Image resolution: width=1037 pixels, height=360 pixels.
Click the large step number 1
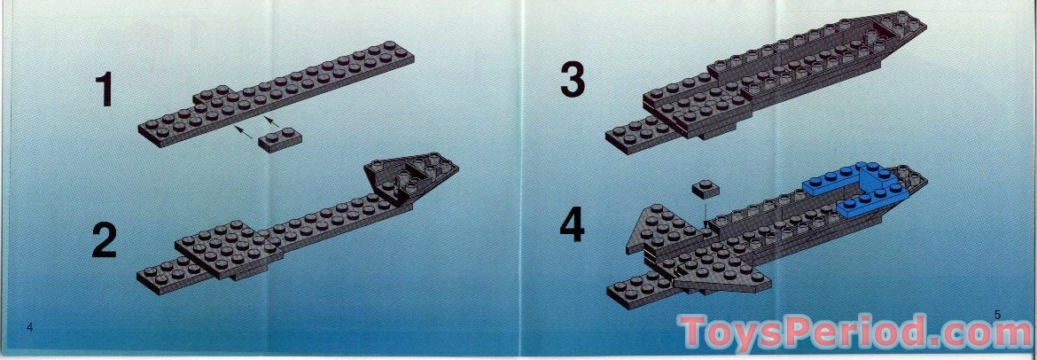[105, 91]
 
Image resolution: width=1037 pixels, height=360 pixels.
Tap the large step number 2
[105, 241]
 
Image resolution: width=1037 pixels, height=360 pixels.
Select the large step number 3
[573, 81]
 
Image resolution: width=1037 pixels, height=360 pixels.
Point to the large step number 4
[573, 227]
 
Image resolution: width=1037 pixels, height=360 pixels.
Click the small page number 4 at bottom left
[29, 327]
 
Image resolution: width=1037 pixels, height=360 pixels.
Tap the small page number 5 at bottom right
[997, 314]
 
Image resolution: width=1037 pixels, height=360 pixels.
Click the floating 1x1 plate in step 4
[706, 188]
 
